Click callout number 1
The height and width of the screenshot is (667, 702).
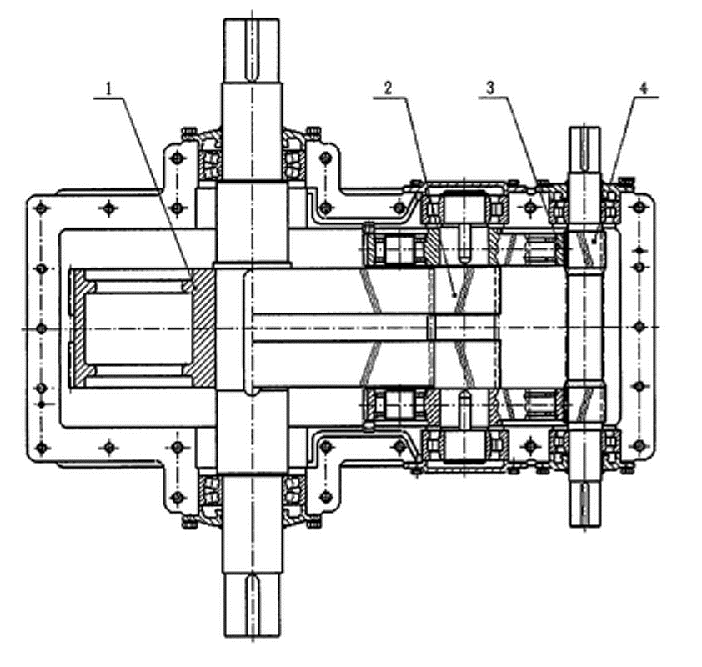point(108,88)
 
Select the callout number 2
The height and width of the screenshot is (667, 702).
point(388,88)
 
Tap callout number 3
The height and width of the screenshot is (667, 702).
point(491,88)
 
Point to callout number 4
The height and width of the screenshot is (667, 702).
point(644,88)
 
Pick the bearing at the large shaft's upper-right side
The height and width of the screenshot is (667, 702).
point(294,164)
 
